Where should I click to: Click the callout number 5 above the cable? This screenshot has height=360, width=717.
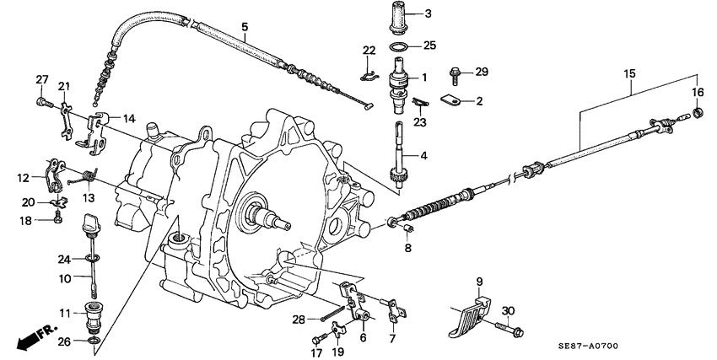pos(244,26)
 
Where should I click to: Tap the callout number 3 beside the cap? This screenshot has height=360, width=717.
pos(429,13)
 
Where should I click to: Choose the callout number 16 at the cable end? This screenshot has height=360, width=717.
pos(698,92)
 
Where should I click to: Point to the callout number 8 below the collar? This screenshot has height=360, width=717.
pos(407,249)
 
